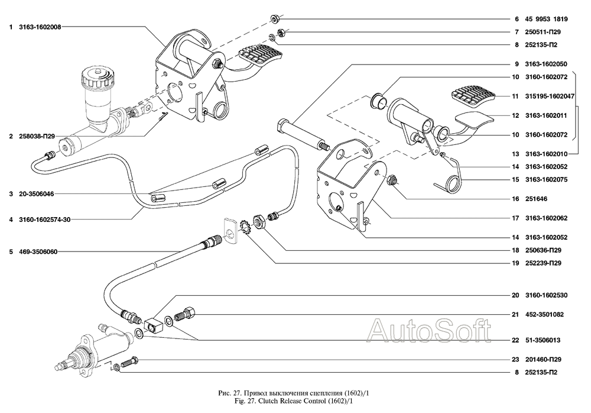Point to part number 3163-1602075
tap(541, 179)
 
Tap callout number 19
tap(515, 263)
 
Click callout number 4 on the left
tap(11, 220)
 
